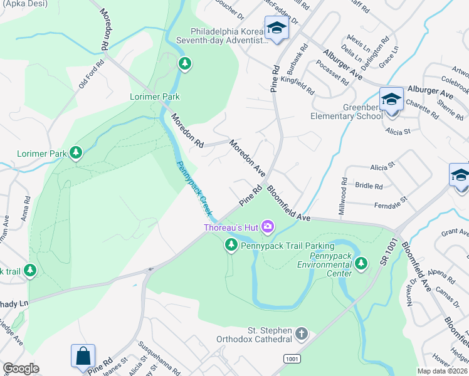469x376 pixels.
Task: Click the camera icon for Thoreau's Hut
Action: (x=268, y=226)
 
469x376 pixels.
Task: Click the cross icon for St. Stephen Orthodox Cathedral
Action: (x=302, y=333)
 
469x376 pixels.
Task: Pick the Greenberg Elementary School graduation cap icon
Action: (x=391, y=100)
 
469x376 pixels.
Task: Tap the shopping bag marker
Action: (x=83, y=357)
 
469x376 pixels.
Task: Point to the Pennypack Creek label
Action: (x=193, y=186)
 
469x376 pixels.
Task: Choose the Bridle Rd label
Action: (x=369, y=186)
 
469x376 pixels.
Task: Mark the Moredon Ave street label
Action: (x=247, y=157)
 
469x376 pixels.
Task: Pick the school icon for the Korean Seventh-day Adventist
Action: (x=276, y=28)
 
